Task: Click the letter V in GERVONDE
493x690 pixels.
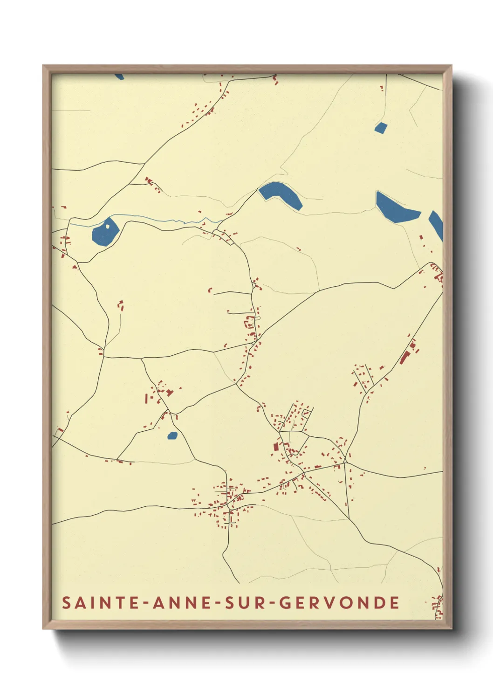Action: (332, 603)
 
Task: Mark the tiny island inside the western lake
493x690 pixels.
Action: (108, 227)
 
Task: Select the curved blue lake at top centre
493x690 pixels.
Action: (280, 194)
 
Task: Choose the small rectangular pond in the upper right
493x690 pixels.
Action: (381, 128)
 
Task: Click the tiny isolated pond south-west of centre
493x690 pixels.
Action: (172, 436)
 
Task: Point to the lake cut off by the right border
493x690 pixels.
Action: (437, 224)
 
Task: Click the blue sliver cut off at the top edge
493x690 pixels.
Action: (120, 76)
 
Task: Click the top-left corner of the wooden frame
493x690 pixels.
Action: (44, 66)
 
